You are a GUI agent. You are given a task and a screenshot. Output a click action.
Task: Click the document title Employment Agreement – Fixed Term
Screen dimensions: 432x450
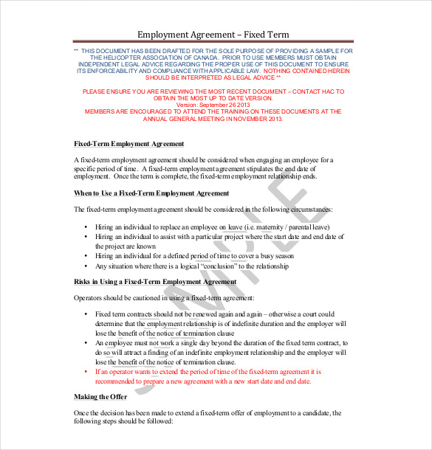(x=213, y=35)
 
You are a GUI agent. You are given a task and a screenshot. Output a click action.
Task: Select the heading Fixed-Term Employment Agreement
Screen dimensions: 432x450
(x=129, y=144)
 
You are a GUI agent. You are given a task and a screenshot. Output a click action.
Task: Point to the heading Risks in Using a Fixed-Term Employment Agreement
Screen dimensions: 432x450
(x=155, y=282)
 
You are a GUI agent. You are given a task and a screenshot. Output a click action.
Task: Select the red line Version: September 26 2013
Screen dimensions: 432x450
(x=212, y=105)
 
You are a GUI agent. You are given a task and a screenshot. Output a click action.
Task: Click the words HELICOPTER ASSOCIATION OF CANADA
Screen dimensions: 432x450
(x=154, y=57)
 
